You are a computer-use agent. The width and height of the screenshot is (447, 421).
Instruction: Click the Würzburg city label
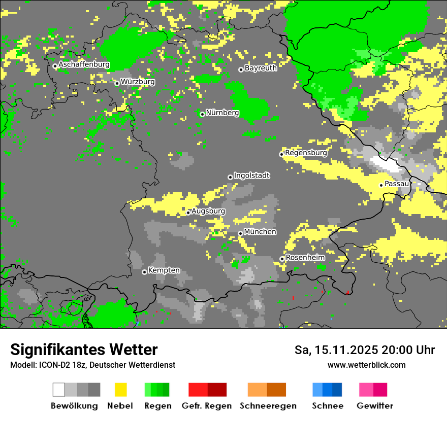[x=138, y=82]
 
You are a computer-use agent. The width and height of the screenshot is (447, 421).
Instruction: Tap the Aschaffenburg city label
[x=84, y=64]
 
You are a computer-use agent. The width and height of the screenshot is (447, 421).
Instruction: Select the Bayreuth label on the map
[x=261, y=68]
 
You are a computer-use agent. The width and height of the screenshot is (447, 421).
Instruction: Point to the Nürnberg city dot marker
[x=202, y=114]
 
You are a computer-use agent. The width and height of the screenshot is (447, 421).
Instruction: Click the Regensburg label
[x=306, y=152]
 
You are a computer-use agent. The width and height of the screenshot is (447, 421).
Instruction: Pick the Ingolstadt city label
[x=251, y=176]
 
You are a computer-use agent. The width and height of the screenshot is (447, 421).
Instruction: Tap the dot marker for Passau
[x=381, y=185]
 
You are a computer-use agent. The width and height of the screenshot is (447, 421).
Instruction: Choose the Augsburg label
[x=208, y=211]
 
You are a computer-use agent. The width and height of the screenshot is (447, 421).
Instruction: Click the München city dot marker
[x=240, y=233]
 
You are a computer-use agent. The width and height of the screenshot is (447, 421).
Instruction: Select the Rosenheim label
[x=305, y=257]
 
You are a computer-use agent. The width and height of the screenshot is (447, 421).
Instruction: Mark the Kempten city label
[x=164, y=270]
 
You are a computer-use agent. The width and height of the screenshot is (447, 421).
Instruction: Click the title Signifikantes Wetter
[x=84, y=349]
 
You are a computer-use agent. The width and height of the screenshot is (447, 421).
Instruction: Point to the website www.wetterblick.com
[x=366, y=365]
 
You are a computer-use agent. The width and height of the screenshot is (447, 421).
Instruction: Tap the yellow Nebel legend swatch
[x=120, y=390]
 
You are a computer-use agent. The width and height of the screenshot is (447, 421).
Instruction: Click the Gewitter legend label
[x=375, y=406]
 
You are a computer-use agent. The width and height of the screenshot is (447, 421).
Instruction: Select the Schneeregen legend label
[x=268, y=406]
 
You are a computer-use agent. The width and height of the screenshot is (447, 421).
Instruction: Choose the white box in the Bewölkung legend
[x=59, y=390]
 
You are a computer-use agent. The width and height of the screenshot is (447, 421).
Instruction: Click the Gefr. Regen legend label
[x=207, y=406]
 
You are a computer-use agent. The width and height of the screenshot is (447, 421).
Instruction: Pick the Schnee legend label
[x=328, y=406]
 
